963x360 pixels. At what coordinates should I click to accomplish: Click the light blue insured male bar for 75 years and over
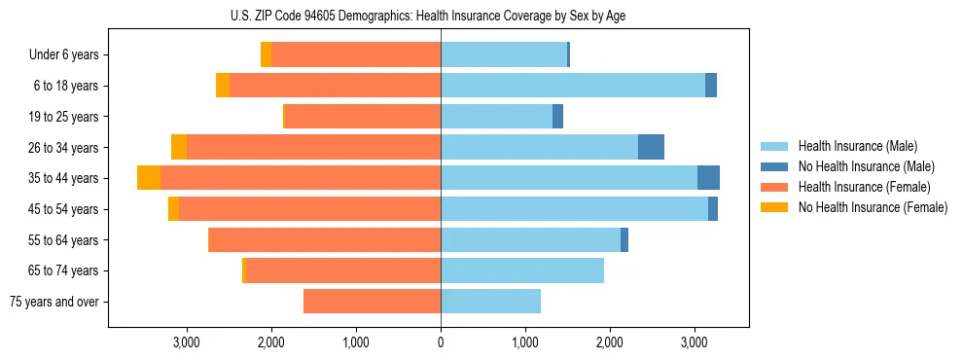(x=490, y=302)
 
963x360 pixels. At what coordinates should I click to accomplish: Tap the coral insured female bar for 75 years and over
(x=372, y=302)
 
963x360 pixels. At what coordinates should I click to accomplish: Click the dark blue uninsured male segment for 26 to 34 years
(x=651, y=147)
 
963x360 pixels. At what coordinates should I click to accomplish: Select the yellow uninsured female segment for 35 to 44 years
(x=149, y=178)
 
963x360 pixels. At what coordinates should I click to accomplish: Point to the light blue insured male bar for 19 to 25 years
(x=496, y=117)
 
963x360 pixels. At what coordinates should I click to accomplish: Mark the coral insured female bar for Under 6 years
(x=356, y=55)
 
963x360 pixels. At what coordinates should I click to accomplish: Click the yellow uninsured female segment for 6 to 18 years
(x=223, y=86)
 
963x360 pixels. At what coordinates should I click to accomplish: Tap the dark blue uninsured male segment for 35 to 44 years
(x=708, y=178)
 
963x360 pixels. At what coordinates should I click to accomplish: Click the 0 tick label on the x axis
(x=441, y=342)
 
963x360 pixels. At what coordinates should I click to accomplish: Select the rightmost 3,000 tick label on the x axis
(x=694, y=342)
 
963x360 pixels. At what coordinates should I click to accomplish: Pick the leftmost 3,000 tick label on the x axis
(x=186, y=342)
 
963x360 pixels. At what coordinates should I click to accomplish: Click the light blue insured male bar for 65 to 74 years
(x=522, y=270)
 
